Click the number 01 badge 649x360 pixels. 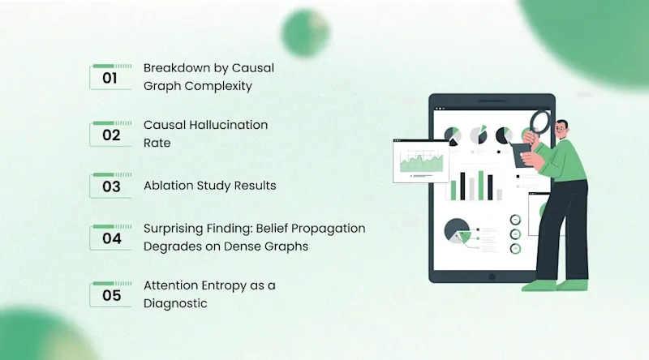[x=110, y=77]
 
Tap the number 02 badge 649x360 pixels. [x=110, y=134]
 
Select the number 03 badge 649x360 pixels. [x=110, y=186]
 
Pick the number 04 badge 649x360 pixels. [x=110, y=238]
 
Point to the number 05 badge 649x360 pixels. [x=110, y=294]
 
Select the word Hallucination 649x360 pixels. [x=229, y=125]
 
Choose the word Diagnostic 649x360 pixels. [x=175, y=304]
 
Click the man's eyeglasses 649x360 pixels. [x=561, y=130]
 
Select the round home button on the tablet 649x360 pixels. [x=492, y=276]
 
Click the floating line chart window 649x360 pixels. [x=421, y=161]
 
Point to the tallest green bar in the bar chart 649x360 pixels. [x=481, y=186]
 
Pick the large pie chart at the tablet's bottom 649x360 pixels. [x=457, y=231]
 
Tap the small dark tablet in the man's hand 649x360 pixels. [x=522, y=155]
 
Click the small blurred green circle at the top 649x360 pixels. [x=306, y=32]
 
